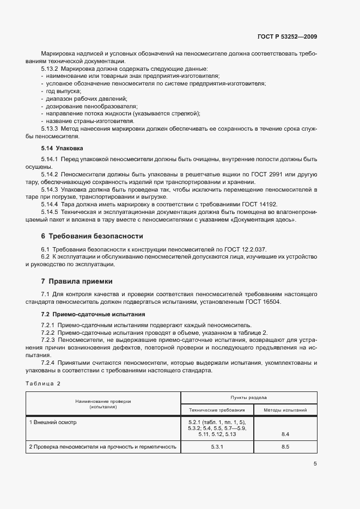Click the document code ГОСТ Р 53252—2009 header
tap(286, 37)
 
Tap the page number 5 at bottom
tap(315, 464)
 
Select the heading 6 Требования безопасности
tap(92, 236)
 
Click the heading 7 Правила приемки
tap(77, 281)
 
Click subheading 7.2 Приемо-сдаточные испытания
tap(85, 314)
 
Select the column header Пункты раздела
tap(248, 398)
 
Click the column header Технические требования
tap(217, 410)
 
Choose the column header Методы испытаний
tap(285, 410)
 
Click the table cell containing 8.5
tap(285, 447)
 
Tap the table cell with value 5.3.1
tap(217, 447)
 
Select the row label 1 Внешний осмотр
tap(53, 422)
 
